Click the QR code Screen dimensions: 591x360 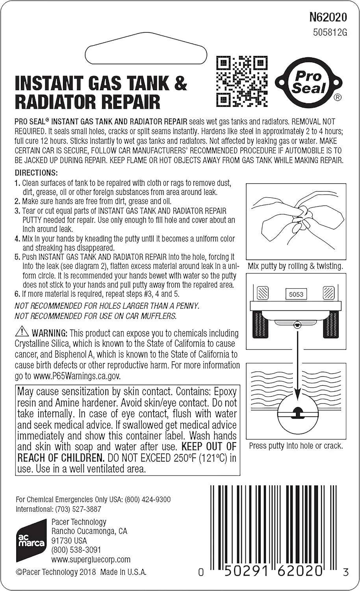[242, 81]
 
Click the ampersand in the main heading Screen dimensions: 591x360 [180, 83]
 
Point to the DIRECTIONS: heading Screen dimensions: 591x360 [36, 173]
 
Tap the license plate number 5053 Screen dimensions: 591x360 [296, 294]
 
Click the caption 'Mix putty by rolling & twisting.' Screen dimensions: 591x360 [295, 266]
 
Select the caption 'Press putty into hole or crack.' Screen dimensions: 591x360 [296, 446]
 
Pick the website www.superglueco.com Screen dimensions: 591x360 [91, 559]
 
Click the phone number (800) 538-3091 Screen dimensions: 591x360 [76, 550]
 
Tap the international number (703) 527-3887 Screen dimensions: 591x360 [78, 509]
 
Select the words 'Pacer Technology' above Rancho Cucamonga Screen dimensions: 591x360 [79, 522]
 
